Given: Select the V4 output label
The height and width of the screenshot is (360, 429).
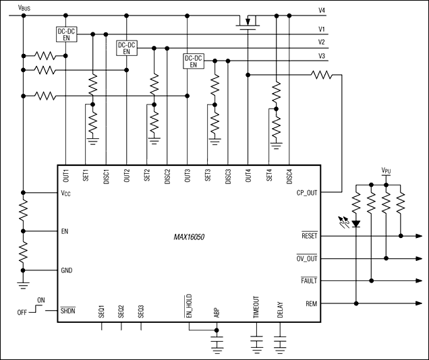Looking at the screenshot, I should pyautogui.click(x=322, y=11).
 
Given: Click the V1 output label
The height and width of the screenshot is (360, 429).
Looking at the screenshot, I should pyautogui.click(x=322, y=29).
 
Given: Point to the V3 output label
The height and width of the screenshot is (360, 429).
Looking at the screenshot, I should pyautogui.click(x=322, y=55).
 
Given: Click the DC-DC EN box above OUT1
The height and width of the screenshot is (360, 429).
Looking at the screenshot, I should pyautogui.click(x=66, y=34).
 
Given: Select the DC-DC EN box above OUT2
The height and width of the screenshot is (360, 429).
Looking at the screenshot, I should pyautogui.click(x=127, y=48).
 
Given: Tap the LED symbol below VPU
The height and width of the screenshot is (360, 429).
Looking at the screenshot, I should pyautogui.click(x=355, y=220).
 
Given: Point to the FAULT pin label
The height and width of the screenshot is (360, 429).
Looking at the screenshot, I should pyautogui.click(x=308, y=280).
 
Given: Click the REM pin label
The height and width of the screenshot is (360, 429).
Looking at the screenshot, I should pyautogui.click(x=311, y=303).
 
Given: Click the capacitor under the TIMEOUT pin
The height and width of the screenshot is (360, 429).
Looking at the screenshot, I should pyautogui.click(x=257, y=343).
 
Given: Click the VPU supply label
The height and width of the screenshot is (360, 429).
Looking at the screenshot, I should pyautogui.click(x=387, y=171).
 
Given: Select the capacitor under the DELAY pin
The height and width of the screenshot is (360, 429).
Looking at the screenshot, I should pyautogui.click(x=281, y=343).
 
